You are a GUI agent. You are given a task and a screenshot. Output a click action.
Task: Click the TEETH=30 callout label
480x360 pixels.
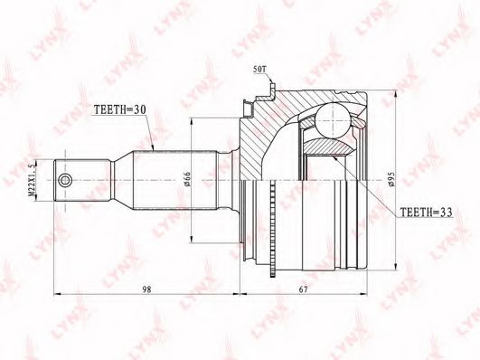pos(119,110)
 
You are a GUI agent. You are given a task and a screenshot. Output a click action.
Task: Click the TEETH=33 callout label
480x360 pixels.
pos(427,212)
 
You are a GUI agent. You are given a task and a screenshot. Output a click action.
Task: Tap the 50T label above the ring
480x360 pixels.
pos(260,70)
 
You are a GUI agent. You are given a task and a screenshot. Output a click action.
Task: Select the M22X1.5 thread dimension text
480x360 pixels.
pos(31,181)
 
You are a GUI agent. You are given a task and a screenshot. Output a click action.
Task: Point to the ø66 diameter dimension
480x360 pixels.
pos(187,179)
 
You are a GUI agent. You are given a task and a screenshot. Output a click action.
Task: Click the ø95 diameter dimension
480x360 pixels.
pos(392,179)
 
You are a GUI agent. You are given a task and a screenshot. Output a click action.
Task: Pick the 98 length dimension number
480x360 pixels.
pos(147,289)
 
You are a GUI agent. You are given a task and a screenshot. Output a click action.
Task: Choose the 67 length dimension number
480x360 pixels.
pos(303,289)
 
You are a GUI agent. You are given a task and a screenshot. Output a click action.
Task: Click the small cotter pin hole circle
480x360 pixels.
pos(65,180)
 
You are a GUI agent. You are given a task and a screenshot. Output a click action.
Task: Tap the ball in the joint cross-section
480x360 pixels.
pos(333,120)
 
